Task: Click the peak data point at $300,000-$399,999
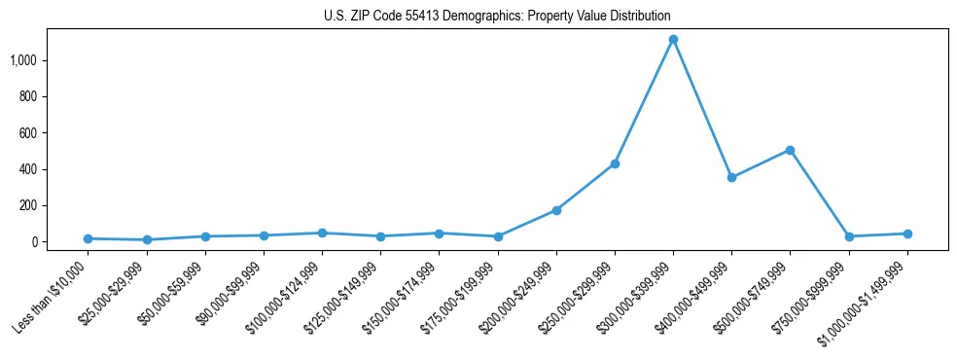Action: (x=673, y=40)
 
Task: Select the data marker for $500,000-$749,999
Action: (x=790, y=150)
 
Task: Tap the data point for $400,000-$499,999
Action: (x=731, y=177)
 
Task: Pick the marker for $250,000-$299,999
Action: (x=615, y=163)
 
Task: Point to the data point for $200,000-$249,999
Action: (x=556, y=210)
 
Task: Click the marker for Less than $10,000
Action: (x=88, y=238)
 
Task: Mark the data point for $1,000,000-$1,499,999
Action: (x=907, y=234)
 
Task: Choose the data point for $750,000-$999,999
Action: (x=849, y=236)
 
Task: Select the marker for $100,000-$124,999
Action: (x=322, y=233)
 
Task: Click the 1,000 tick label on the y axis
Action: (x=22, y=60)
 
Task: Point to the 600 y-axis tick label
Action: (x=27, y=133)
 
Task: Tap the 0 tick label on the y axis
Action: (x=33, y=242)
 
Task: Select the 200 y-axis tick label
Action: (x=27, y=205)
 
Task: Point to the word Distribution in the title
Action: (x=638, y=17)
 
